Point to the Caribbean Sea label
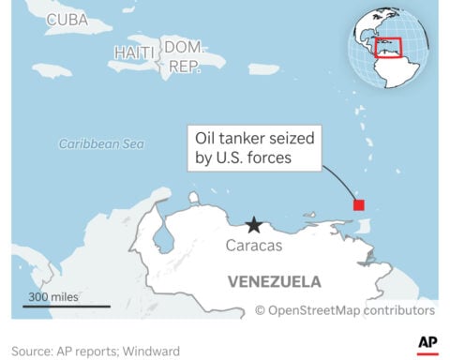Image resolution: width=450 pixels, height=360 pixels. pyautogui.click(x=102, y=144)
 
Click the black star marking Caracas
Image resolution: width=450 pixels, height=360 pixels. pyautogui.click(x=253, y=225)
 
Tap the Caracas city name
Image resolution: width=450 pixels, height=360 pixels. pyautogui.click(x=253, y=246)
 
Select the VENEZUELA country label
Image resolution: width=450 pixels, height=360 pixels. pyautogui.click(x=275, y=281)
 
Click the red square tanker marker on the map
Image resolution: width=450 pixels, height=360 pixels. pyautogui.click(x=357, y=205)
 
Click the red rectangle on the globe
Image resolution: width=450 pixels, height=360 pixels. pyautogui.click(x=387, y=48)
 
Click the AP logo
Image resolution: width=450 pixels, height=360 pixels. pyautogui.click(x=427, y=344)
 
